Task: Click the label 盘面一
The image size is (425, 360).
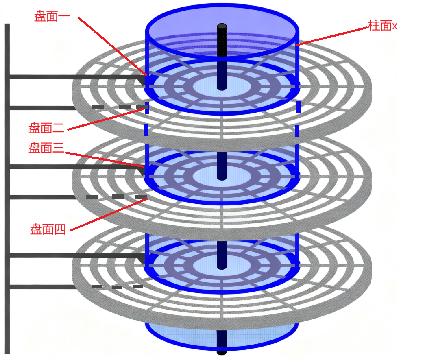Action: [52, 17]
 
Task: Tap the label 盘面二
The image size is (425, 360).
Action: [46, 129]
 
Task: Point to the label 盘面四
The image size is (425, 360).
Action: [48, 229]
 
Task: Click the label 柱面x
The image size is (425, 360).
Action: [382, 26]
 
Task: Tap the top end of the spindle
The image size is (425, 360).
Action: [222, 27]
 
